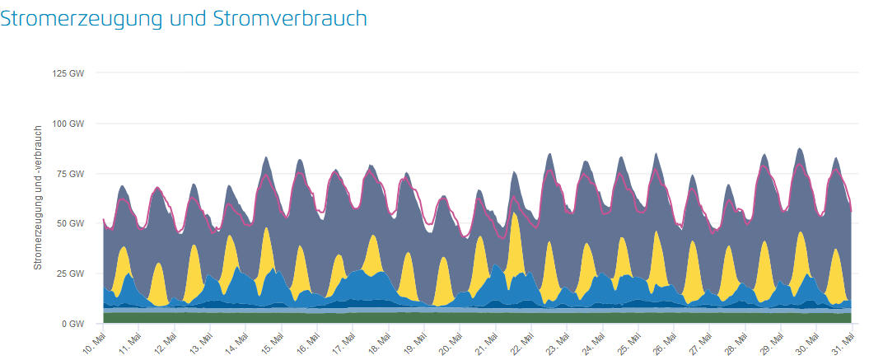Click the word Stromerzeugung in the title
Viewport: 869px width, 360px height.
78,18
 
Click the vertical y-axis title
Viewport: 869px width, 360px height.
38,198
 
